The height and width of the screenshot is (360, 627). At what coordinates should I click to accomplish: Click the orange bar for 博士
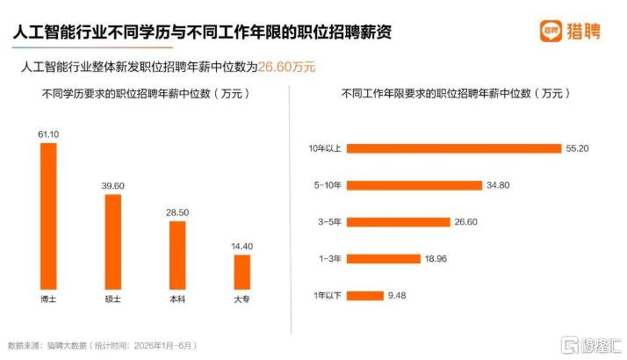click(x=48, y=216)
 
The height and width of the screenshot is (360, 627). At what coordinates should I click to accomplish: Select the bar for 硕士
click(x=112, y=242)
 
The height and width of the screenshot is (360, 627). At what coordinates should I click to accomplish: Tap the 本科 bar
click(x=177, y=256)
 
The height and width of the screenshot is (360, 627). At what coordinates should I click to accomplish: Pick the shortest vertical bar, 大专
click(x=241, y=272)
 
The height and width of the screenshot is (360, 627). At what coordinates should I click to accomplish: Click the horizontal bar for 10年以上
click(x=454, y=148)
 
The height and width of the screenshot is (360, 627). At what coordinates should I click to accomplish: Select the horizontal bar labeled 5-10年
click(x=414, y=185)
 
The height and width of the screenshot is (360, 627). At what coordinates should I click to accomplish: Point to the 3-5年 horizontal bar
click(x=399, y=222)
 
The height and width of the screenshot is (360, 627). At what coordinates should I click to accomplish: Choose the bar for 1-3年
click(x=384, y=259)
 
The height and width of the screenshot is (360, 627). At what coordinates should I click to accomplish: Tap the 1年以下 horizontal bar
click(x=365, y=296)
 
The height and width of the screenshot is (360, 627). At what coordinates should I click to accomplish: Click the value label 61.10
click(x=48, y=134)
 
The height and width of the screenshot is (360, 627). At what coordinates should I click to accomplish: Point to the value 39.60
click(x=112, y=186)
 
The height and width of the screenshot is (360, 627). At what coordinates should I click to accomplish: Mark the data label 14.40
click(x=241, y=247)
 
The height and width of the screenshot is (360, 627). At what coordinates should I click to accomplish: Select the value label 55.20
click(x=577, y=148)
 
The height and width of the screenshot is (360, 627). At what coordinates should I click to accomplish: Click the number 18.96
click(x=436, y=259)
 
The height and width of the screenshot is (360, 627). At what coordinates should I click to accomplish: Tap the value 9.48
click(x=397, y=296)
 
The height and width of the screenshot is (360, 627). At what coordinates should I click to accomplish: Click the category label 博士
click(x=48, y=299)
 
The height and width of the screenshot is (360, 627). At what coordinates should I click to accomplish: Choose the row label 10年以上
click(x=325, y=148)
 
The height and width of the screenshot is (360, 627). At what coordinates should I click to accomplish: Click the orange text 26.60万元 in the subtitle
click(x=286, y=67)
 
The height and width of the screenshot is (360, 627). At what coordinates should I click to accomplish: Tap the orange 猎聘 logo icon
click(x=551, y=31)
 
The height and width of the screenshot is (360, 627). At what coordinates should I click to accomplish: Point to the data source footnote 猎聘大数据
click(x=67, y=346)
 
